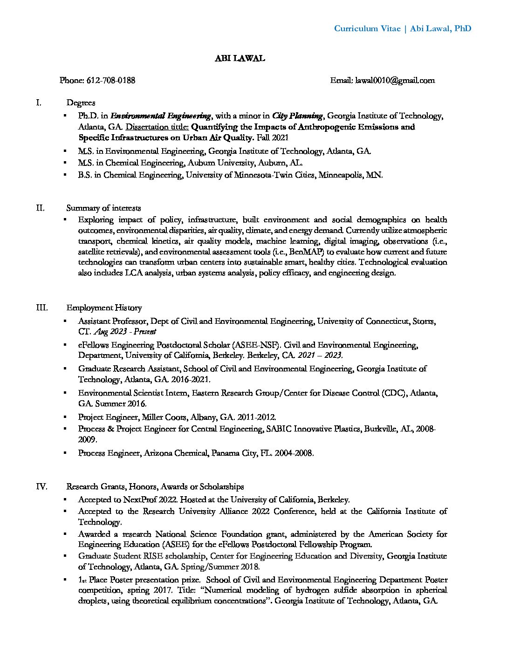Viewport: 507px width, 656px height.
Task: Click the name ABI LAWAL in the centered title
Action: point(240,58)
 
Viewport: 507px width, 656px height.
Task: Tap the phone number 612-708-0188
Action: point(111,80)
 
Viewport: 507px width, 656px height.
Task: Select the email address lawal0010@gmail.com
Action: point(395,80)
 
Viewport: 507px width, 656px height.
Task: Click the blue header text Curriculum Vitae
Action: point(367,28)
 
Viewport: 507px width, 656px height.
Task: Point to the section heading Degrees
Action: point(81,102)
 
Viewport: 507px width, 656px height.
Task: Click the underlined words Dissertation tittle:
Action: point(158,127)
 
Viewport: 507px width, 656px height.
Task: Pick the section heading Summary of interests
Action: point(103,208)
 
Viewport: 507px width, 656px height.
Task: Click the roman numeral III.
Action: point(41,307)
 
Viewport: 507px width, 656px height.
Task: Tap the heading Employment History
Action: point(104,307)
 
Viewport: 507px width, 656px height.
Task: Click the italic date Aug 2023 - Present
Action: point(125,332)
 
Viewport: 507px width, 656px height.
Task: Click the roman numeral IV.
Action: point(41,486)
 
